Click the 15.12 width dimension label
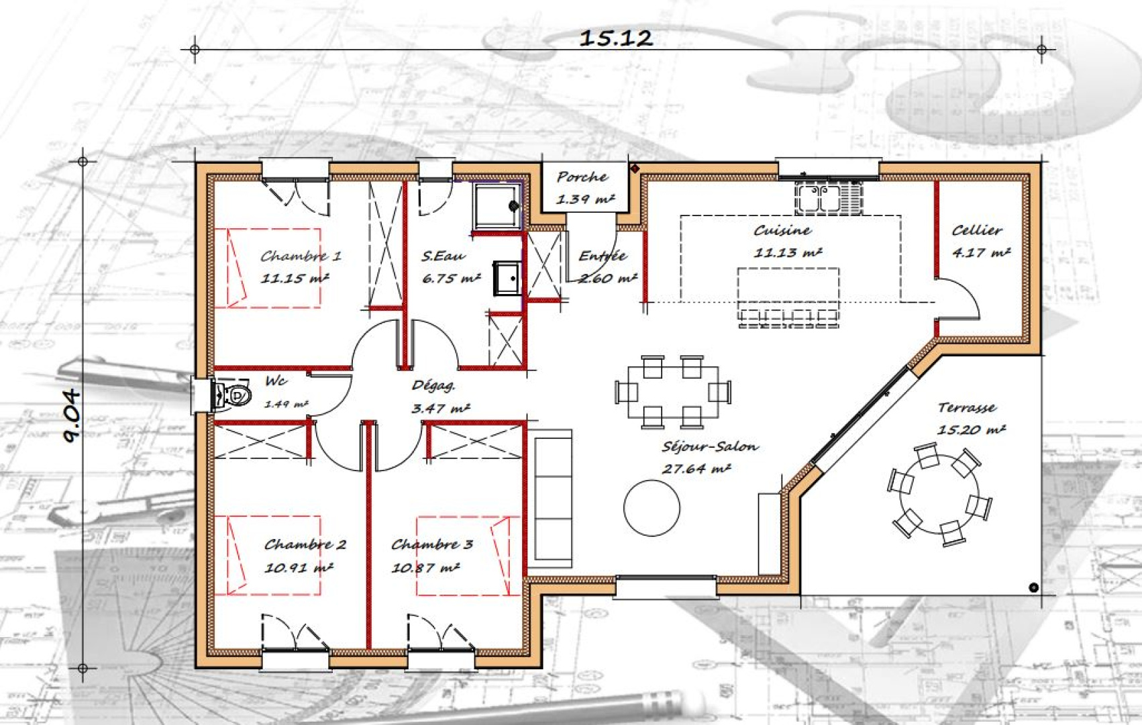pyautogui.click(x=617, y=38)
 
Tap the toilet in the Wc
pyautogui.click(x=234, y=394)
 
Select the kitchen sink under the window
pyautogui.click(x=829, y=198)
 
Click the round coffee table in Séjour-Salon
pyautogui.click(x=652, y=507)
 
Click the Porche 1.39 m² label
pyautogui.click(x=584, y=188)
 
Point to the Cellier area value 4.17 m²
pyautogui.click(x=982, y=252)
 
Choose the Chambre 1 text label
pyautogui.click(x=301, y=256)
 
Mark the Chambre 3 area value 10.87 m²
pyautogui.click(x=425, y=567)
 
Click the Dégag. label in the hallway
pyautogui.click(x=433, y=386)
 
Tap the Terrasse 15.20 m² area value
pyautogui.click(x=972, y=430)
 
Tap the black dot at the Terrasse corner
pyautogui.click(x=1033, y=588)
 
